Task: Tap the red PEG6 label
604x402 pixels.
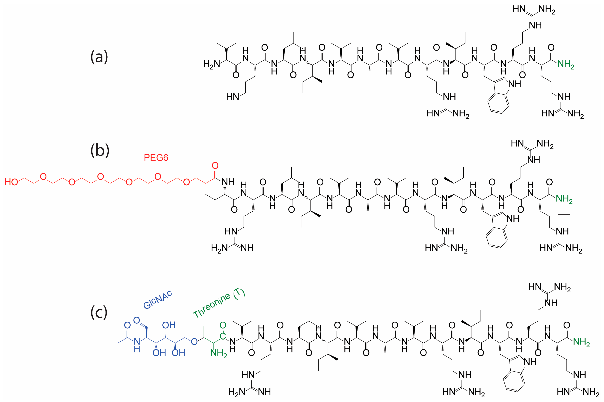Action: pyautogui.click(x=156, y=157)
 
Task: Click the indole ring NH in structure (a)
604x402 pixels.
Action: pyautogui.click(x=514, y=84)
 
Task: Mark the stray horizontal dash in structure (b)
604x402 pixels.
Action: pyautogui.click(x=564, y=214)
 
